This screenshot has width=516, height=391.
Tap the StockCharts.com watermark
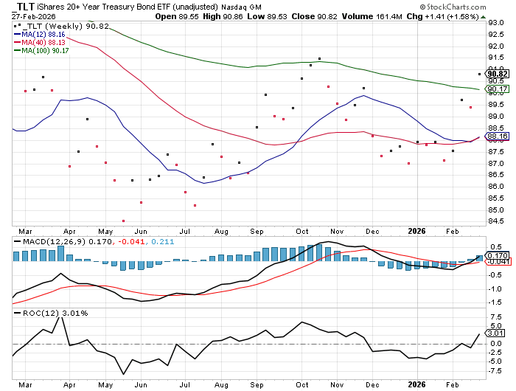tap(474, 6)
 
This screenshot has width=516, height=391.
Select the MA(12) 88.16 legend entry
tap(41, 33)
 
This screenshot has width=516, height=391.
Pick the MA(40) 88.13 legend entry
tap(41, 42)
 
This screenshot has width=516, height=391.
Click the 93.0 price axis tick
tap(495, 22)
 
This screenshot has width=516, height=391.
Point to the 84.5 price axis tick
tap(495, 221)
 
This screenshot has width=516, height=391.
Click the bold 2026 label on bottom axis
tap(418, 384)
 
